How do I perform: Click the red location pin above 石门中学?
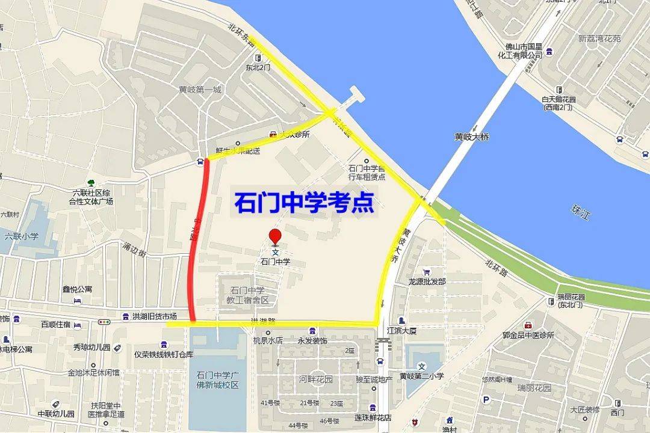(275, 236)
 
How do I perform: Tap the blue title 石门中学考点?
(304, 203)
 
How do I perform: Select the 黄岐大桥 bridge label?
(472, 137)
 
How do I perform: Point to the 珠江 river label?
(580, 212)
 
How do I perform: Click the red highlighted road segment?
(198, 241)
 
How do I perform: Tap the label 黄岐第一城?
(200, 90)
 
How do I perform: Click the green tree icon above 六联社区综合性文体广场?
(91, 182)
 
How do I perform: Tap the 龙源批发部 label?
(427, 281)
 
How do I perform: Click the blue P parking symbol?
(486, 400)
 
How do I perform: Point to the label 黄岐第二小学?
(422, 376)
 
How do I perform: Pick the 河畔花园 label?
(316, 379)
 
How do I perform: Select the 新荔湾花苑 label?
(599, 39)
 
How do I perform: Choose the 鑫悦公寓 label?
(78, 289)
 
